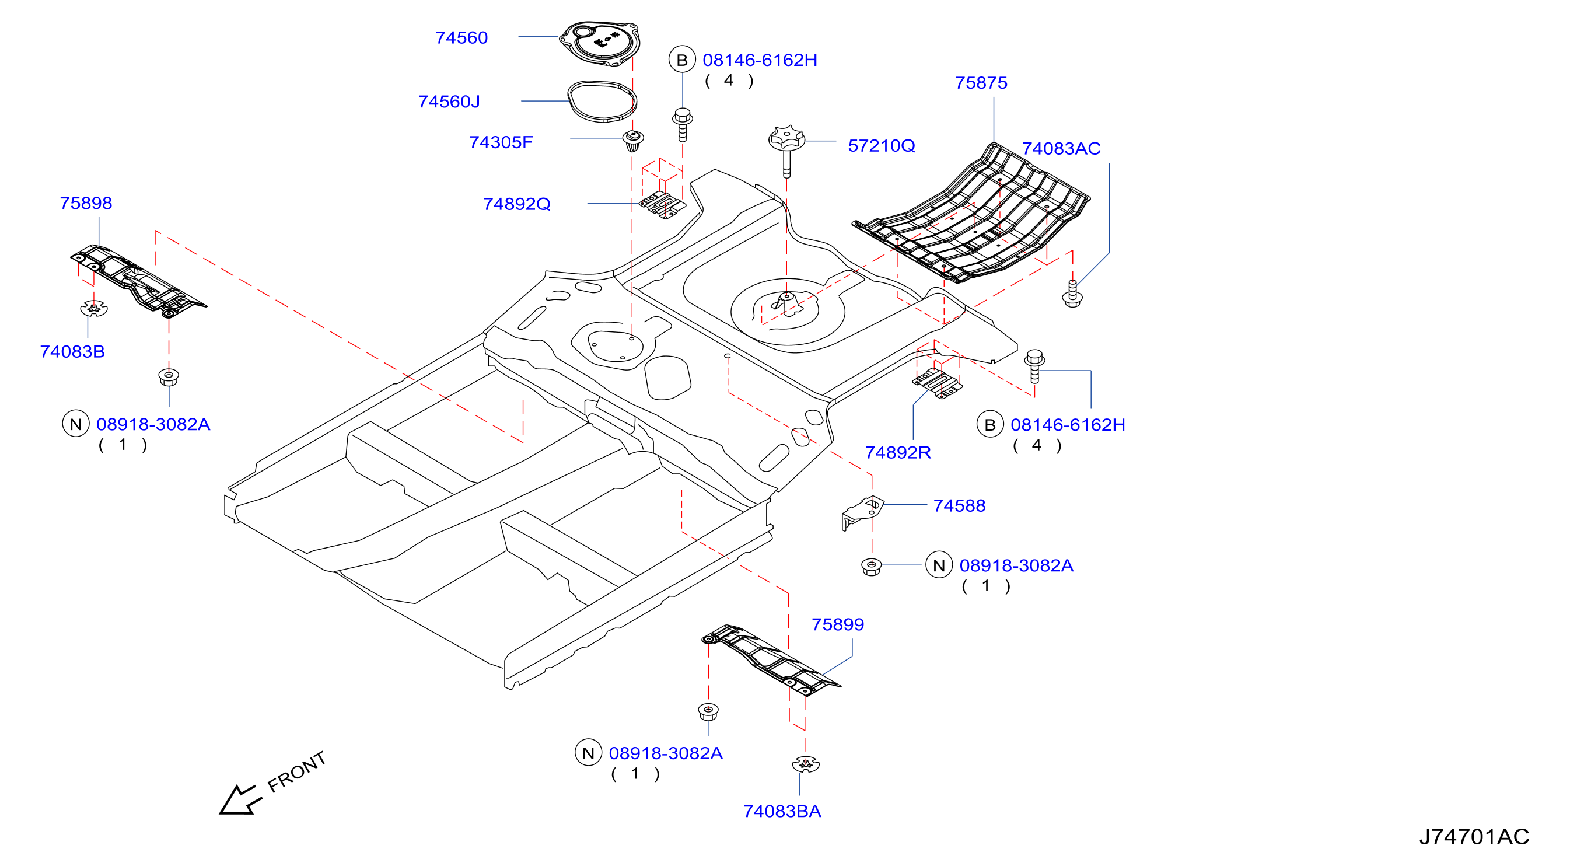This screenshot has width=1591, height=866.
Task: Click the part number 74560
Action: click(x=461, y=38)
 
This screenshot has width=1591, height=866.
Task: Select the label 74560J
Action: click(x=449, y=102)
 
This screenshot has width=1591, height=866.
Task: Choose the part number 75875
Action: click(x=981, y=83)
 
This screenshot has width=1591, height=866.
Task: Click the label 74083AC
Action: click(x=1061, y=148)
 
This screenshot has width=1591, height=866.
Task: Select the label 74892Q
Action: click(x=516, y=204)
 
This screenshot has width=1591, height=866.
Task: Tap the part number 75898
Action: click(x=86, y=203)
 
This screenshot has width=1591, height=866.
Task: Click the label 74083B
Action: click(x=72, y=351)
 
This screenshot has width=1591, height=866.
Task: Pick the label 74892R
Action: click(x=897, y=452)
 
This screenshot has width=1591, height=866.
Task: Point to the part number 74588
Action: click(x=959, y=505)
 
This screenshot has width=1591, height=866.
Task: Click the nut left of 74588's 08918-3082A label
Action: click(x=871, y=566)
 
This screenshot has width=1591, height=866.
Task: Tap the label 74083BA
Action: click(x=782, y=811)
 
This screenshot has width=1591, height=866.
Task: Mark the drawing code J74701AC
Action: click(x=1474, y=836)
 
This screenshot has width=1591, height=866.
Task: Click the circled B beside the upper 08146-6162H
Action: click(x=682, y=60)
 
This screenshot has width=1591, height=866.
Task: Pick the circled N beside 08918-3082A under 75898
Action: click(x=75, y=424)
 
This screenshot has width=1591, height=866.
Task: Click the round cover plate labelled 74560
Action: click(x=599, y=43)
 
